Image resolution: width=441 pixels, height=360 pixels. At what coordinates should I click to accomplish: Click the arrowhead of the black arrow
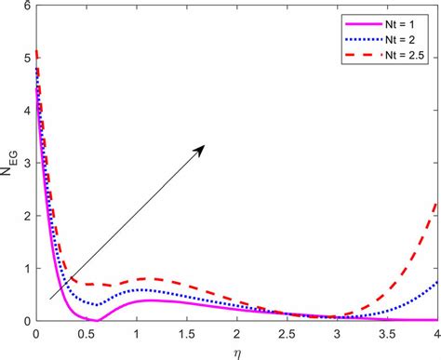(204, 146)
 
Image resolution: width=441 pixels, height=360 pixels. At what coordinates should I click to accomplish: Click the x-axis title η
(236, 351)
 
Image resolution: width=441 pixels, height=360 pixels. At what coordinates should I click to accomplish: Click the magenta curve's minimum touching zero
(97, 320)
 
